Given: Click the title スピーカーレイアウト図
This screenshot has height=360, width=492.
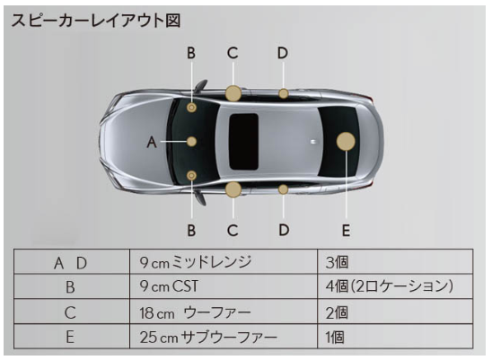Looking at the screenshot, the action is point(96,21).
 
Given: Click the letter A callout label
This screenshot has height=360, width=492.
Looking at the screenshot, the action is point(152,142).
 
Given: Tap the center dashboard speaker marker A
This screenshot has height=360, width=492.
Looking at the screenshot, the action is point(191,142).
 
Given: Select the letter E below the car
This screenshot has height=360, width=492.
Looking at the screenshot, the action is point(346,231).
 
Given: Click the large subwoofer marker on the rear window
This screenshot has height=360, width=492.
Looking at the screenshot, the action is point(346,141).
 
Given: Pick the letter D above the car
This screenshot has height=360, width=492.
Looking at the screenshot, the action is point(283,53).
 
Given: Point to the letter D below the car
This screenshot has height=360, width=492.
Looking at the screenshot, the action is point(284,230).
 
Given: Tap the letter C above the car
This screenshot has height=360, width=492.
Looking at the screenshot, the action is point(233,53).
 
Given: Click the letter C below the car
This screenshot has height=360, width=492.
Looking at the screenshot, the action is point(233,231).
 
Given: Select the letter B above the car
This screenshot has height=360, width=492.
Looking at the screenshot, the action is point(191,53).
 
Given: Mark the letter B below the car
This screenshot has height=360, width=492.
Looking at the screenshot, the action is point(191,231).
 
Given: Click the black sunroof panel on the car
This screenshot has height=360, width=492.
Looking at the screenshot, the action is point(244,142).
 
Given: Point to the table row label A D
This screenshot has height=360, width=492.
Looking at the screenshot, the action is point(71,263).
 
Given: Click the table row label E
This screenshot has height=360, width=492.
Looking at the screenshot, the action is point(70,337).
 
